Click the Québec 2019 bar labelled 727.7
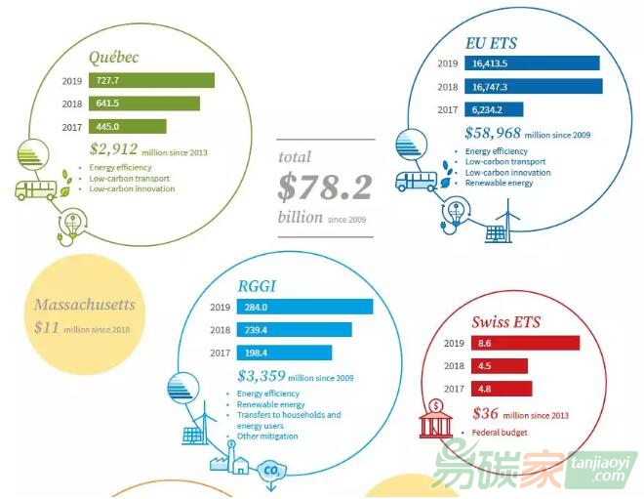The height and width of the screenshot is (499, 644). (151, 80)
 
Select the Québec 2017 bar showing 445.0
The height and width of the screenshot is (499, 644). (127, 126)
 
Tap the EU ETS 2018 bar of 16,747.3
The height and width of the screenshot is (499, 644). (534, 87)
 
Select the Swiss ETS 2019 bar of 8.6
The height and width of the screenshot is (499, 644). (524, 344)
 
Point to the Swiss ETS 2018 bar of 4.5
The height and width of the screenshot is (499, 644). (498, 366)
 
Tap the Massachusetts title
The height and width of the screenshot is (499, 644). (84, 305)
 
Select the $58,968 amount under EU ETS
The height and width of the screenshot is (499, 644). (493, 133)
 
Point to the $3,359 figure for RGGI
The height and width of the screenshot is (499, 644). (261, 375)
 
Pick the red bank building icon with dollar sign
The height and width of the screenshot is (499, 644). (434, 421)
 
